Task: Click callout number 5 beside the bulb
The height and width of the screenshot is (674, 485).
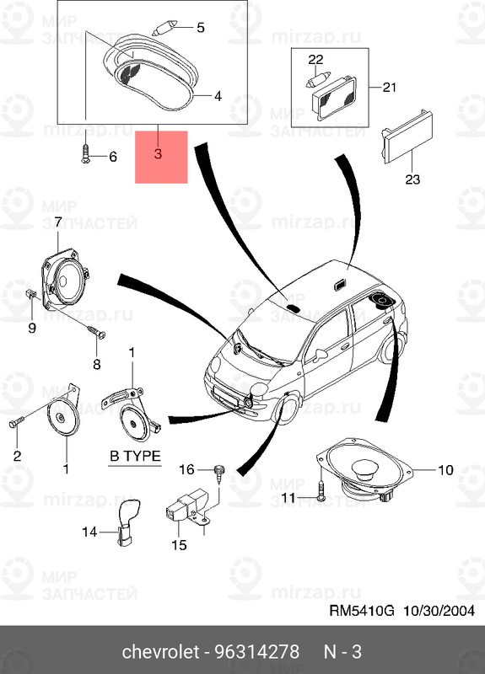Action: coord(201,28)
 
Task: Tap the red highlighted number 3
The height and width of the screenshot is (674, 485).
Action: coord(158,153)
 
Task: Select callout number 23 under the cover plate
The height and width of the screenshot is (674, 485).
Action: coord(412,179)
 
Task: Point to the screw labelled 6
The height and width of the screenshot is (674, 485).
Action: coord(85,153)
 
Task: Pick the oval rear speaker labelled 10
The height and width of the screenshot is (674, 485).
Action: coord(365,468)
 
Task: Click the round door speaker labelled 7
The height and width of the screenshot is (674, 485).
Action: coord(66,279)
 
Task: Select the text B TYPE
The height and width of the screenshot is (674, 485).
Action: coord(135,456)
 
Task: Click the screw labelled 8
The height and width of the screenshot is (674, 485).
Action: coord(96,332)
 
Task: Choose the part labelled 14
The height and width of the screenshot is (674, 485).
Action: coord(127,522)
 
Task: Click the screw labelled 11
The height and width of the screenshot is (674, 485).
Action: coord(321,489)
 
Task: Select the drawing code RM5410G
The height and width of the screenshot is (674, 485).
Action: coord(362,610)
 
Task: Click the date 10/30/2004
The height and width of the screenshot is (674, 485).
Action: coord(439,610)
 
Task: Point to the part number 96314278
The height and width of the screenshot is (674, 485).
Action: coord(256,651)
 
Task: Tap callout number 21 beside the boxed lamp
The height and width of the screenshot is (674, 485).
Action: coord(389,88)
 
